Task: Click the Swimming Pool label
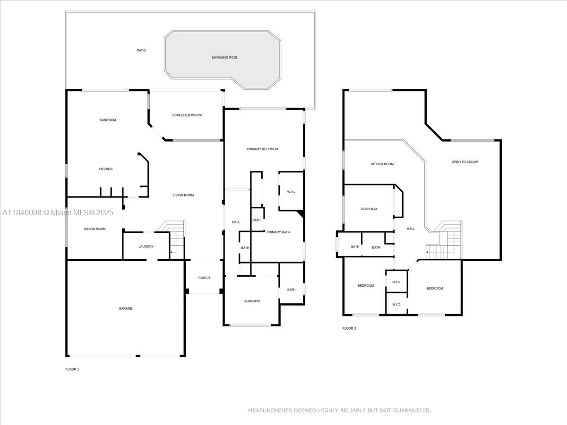(x=224, y=58)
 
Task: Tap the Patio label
(x=141, y=51)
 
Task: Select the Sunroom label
(x=108, y=120)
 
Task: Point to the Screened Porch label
(x=187, y=115)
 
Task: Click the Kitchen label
(x=105, y=169)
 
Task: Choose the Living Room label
(x=183, y=195)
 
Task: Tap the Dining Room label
(x=95, y=229)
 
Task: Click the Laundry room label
(x=146, y=246)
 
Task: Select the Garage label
(x=125, y=308)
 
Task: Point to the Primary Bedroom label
(x=262, y=149)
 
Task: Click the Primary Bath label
(x=278, y=232)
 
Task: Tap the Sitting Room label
(x=382, y=164)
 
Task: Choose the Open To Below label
(x=465, y=162)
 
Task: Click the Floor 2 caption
(x=349, y=328)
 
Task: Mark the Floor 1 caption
(x=72, y=369)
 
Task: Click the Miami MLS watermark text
(x=58, y=212)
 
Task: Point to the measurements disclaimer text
(x=339, y=410)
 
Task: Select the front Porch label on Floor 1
(x=204, y=278)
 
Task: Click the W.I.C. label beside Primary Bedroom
(x=291, y=192)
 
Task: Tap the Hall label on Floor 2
(x=411, y=229)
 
